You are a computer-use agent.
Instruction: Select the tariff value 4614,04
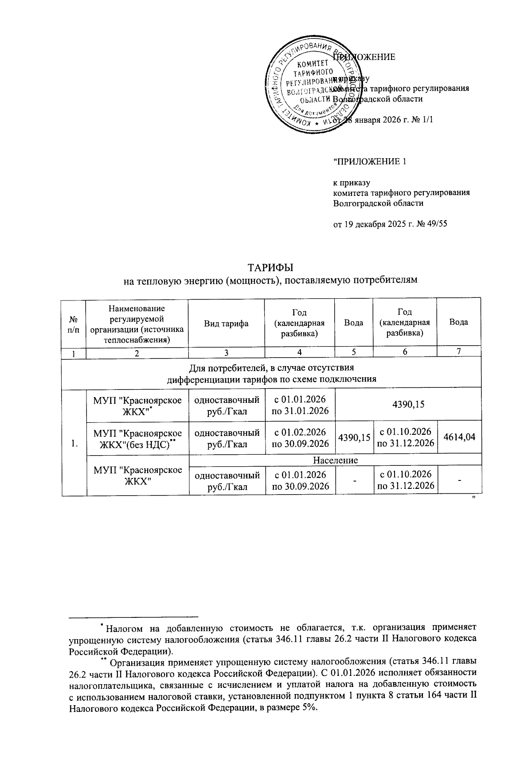[459, 437]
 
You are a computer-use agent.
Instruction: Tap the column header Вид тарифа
[226, 323]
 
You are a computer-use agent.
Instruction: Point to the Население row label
[335, 460]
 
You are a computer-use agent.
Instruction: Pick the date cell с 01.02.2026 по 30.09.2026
[300, 437]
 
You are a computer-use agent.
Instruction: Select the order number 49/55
[435, 224]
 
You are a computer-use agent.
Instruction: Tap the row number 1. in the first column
[74, 443]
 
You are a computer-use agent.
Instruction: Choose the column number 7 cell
[459, 351]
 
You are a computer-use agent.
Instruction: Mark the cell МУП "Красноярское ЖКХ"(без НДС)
[137, 438]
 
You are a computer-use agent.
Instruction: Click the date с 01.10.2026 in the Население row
[404, 475]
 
